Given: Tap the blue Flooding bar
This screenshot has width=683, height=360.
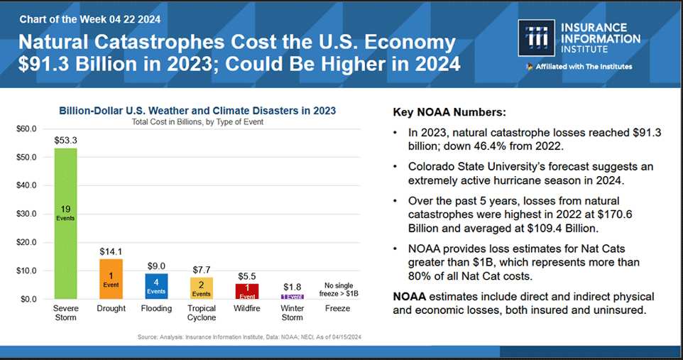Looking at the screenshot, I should pos(156,285).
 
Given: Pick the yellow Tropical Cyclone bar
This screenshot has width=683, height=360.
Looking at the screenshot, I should pos(201,288).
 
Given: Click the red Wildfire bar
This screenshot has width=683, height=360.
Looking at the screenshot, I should pos(246,291).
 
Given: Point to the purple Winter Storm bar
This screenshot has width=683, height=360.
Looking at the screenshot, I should pos(292,296).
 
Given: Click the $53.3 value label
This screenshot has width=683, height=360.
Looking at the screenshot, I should pos(65,140).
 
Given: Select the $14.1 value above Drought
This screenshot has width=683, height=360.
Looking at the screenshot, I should pos(111,251).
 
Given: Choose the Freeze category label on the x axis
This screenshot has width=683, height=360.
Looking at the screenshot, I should pos(337,309).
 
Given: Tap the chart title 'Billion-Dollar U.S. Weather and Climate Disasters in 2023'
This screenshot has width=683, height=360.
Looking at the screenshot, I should pos(197,111).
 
